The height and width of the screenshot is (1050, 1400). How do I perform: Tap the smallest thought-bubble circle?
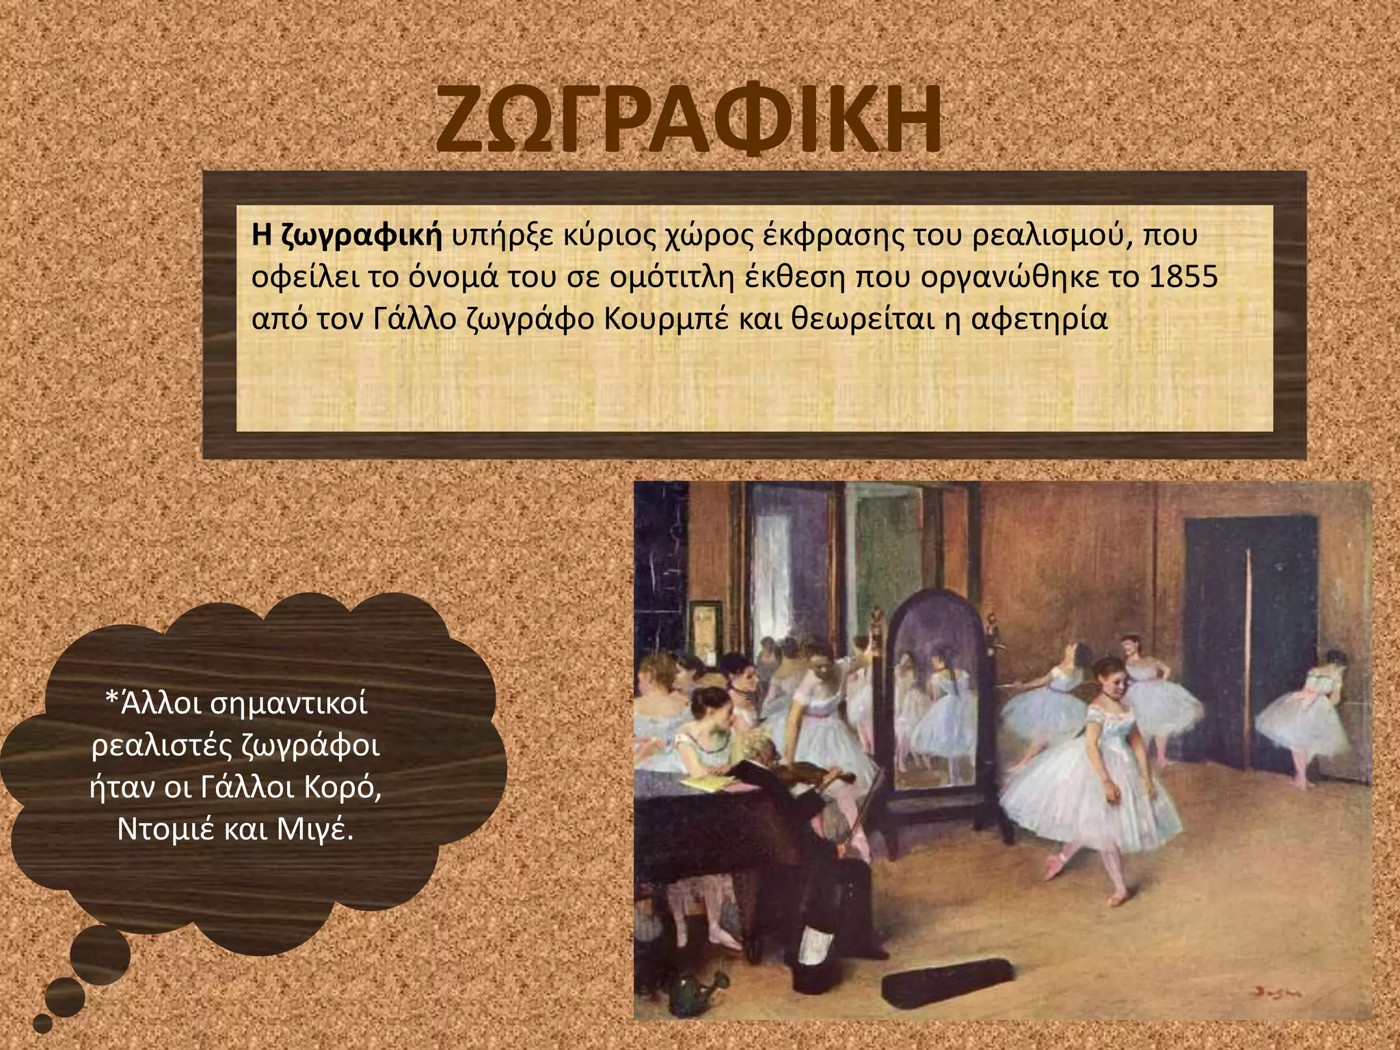[x=42, y=1023]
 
